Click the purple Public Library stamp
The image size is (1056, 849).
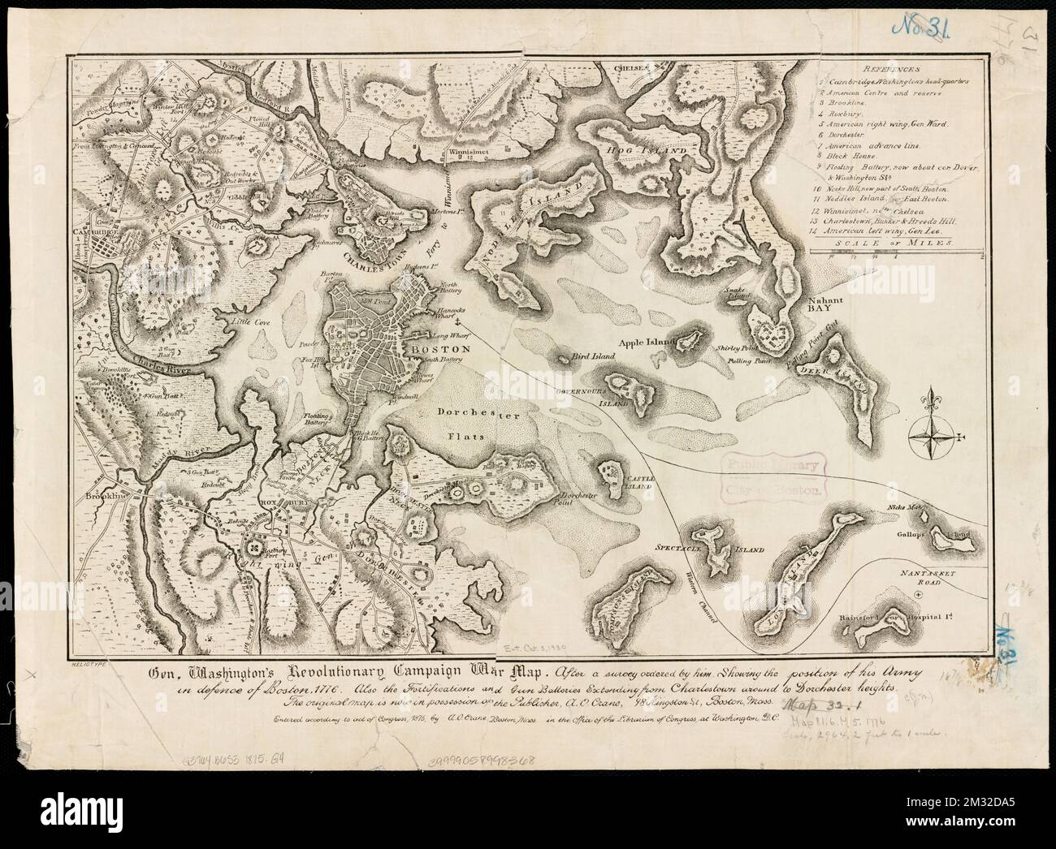773,474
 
